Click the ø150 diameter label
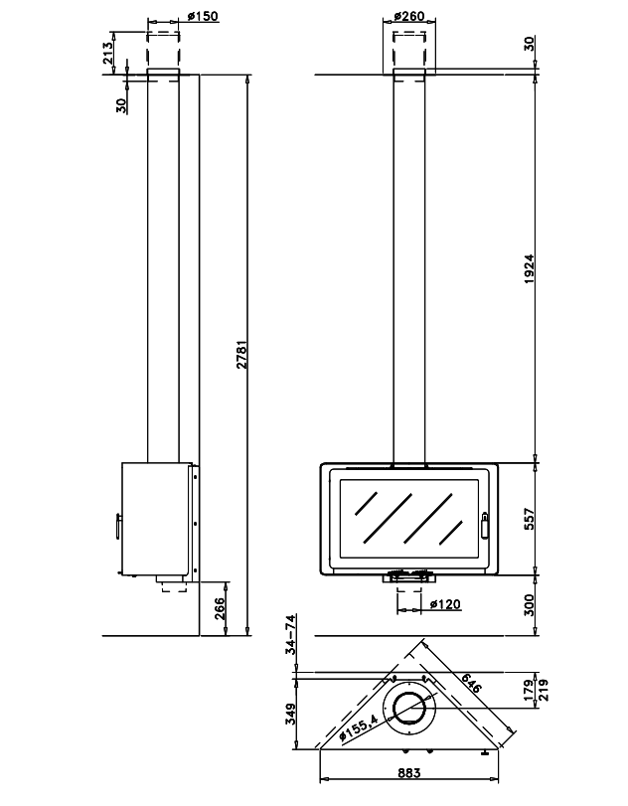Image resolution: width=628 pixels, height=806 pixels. tap(202, 17)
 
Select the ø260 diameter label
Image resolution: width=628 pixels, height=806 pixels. tap(409, 17)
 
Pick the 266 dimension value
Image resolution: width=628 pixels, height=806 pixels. tap(221, 605)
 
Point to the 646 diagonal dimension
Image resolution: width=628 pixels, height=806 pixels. tap(471, 683)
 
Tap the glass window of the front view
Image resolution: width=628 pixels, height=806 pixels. tap(407, 519)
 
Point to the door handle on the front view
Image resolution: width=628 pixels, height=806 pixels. tap(486, 523)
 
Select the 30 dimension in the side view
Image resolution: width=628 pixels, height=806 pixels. tap(120, 103)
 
